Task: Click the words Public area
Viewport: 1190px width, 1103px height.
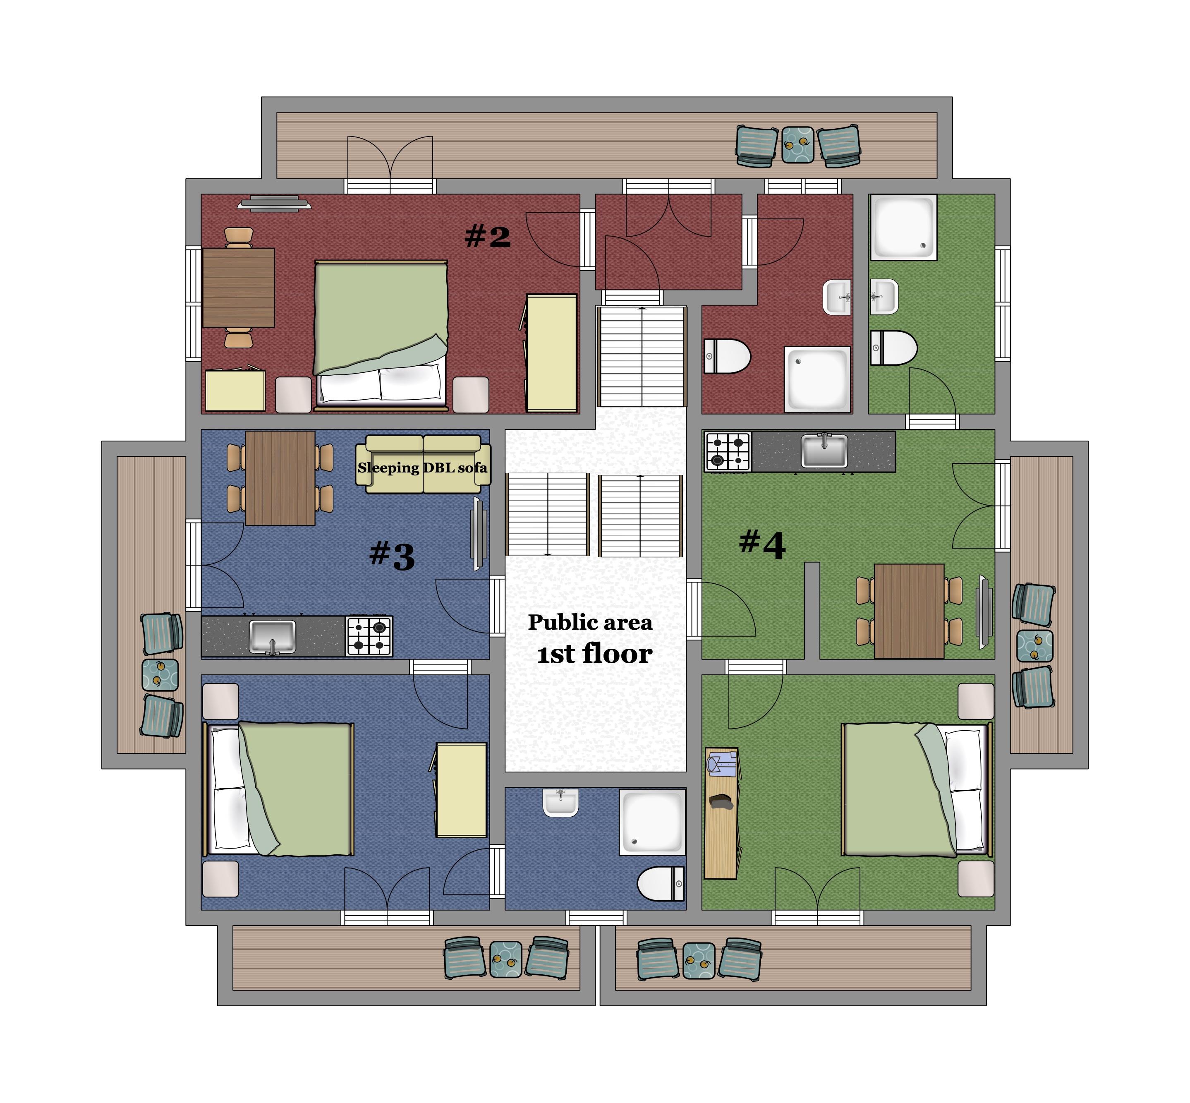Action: pyautogui.click(x=590, y=623)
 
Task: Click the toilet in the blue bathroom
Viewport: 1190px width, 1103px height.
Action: pyautogui.click(x=661, y=883)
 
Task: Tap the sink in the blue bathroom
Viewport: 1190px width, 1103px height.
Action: pyautogui.click(x=560, y=802)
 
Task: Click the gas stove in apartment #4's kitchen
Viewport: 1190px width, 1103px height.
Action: pyautogui.click(x=728, y=452)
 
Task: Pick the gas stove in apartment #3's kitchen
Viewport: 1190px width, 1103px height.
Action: pyautogui.click(x=369, y=636)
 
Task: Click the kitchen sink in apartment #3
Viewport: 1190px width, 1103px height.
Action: pyautogui.click(x=272, y=637)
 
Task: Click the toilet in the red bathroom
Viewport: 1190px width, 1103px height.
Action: pyautogui.click(x=726, y=356)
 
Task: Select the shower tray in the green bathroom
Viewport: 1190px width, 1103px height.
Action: pyautogui.click(x=903, y=228)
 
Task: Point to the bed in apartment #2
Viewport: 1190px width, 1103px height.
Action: pyautogui.click(x=381, y=335)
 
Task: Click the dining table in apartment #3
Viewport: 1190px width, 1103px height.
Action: pyautogui.click(x=280, y=478)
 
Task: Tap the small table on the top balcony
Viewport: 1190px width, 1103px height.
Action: pyautogui.click(x=797, y=144)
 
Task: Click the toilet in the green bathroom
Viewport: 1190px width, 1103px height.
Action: pyautogui.click(x=893, y=348)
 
